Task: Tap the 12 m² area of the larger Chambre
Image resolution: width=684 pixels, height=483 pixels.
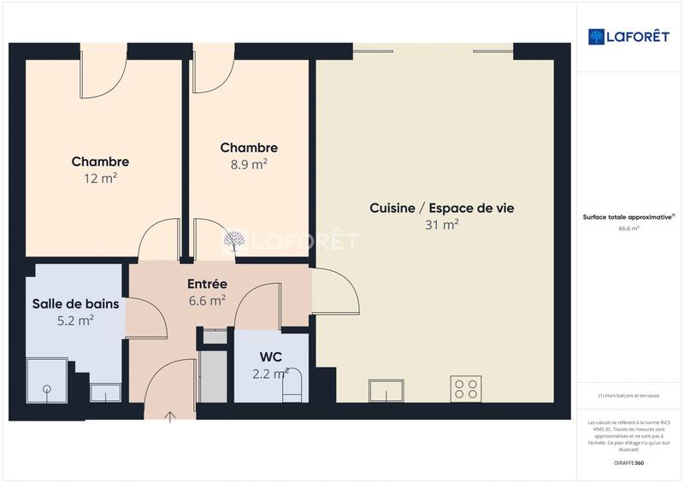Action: (100, 178)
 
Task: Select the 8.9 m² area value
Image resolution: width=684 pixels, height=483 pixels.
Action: (249, 163)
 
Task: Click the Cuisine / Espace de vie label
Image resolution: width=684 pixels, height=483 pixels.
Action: (441, 208)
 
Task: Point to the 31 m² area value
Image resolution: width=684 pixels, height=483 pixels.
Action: (441, 225)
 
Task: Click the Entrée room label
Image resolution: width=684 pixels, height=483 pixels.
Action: (207, 284)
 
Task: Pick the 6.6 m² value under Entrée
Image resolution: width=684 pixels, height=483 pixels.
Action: (207, 300)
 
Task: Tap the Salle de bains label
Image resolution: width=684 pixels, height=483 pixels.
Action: (75, 303)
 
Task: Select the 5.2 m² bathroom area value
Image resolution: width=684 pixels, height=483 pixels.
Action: (75, 320)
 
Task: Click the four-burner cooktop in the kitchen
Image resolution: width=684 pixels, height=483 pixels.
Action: (466, 389)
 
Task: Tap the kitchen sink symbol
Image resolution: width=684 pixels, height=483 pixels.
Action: (386, 391)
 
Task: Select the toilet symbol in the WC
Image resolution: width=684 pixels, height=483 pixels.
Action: (293, 384)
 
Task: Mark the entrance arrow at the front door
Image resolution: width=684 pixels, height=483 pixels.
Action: (170, 416)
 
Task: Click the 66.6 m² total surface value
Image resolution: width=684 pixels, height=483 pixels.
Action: (629, 228)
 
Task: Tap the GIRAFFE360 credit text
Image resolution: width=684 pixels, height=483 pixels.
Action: (629, 462)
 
